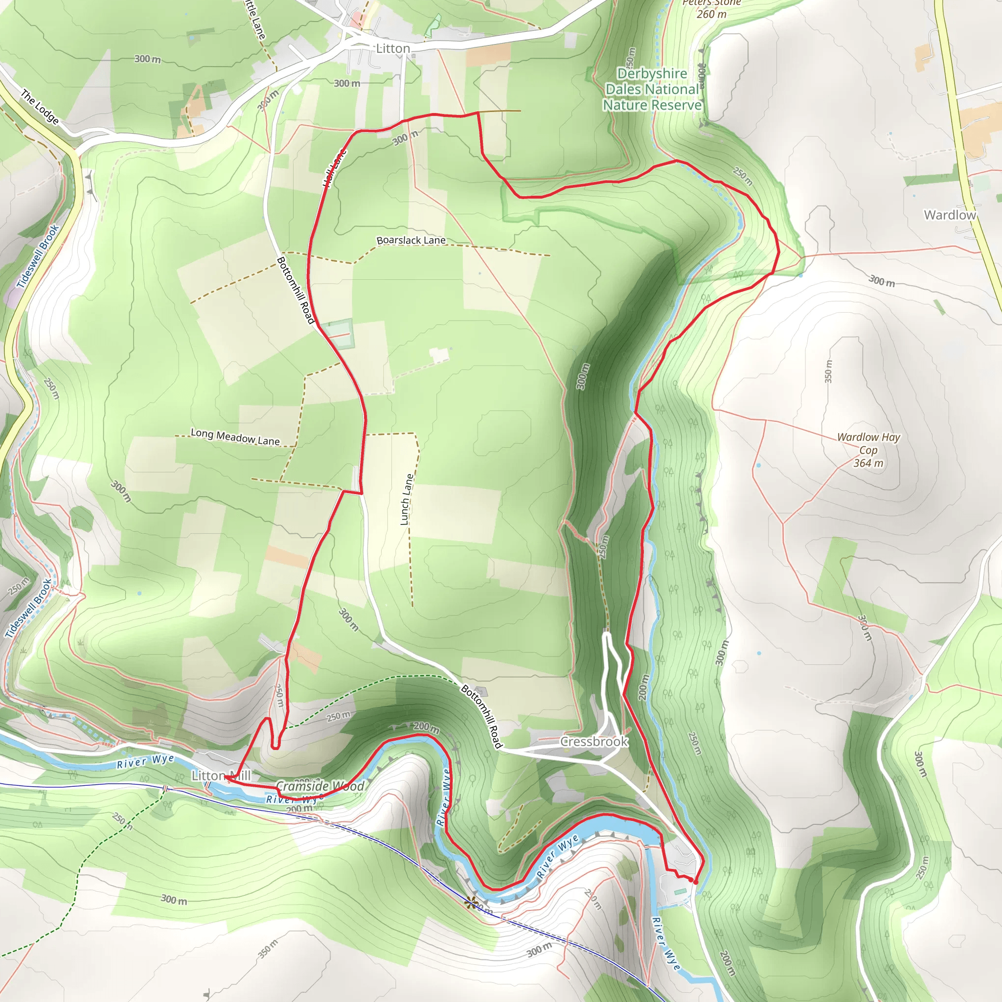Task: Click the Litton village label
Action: click(x=392, y=49)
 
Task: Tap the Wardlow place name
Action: click(x=949, y=215)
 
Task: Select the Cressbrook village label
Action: click(x=594, y=742)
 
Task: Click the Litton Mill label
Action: click(x=221, y=776)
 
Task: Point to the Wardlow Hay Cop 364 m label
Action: click(x=868, y=450)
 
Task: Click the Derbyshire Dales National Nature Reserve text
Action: click(x=652, y=89)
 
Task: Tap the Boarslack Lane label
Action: click(x=411, y=240)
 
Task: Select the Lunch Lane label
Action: click(x=407, y=500)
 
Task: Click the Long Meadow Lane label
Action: click(x=235, y=437)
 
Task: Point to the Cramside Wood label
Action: click(x=320, y=786)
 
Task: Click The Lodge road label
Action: click(x=40, y=107)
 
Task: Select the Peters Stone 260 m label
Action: click(x=711, y=9)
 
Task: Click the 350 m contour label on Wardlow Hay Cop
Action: click(x=828, y=371)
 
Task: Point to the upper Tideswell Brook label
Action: click(x=37, y=256)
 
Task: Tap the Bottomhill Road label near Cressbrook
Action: click(x=482, y=717)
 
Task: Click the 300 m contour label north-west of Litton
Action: click(x=147, y=59)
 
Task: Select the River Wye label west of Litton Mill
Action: click(x=145, y=761)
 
